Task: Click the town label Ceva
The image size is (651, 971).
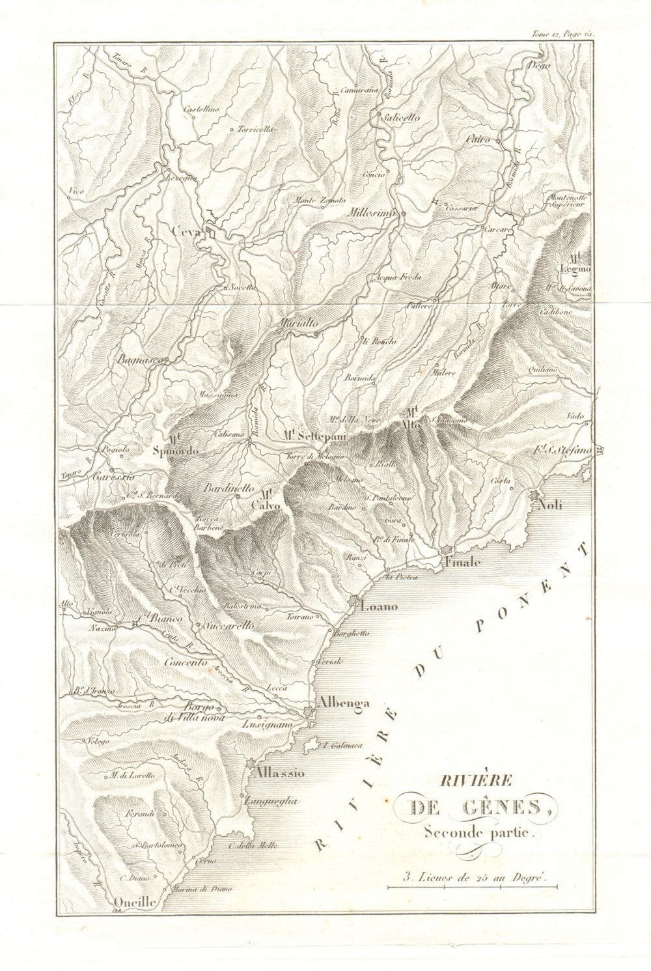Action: pos(186,230)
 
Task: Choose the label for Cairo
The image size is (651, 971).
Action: pos(478,139)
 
